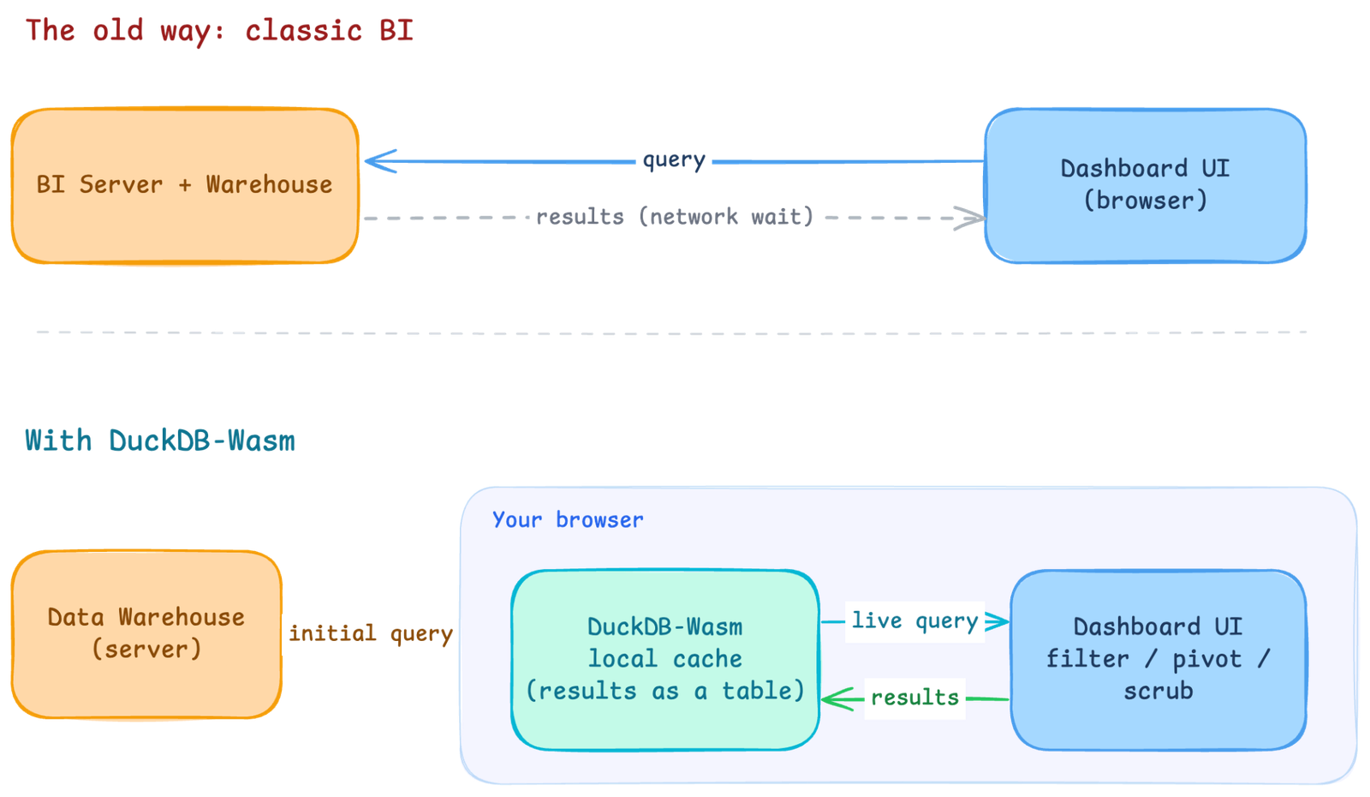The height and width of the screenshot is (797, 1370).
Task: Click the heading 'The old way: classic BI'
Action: coord(219,31)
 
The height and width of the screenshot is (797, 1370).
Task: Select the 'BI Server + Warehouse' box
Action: coord(185,186)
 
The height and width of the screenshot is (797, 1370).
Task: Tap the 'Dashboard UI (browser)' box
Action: coord(1146,186)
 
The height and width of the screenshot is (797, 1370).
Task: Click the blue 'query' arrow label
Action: coord(674,160)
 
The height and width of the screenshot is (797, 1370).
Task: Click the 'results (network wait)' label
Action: coord(675,217)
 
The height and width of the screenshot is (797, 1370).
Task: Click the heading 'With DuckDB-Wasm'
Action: coord(159,440)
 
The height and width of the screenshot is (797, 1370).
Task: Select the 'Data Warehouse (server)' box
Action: coord(146,634)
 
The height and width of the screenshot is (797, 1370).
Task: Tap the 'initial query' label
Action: coord(371,633)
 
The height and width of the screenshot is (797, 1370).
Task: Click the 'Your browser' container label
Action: coord(568,519)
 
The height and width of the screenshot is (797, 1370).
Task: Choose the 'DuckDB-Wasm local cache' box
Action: coord(665,660)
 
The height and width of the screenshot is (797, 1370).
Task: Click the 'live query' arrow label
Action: coord(914,621)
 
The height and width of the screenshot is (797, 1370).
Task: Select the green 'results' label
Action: coord(914,698)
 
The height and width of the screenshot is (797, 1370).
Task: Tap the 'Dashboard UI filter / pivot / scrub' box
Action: coord(1159,660)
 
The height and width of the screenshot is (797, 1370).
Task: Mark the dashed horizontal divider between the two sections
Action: coord(671,333)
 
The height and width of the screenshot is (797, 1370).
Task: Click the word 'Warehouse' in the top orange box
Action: coord(269,184)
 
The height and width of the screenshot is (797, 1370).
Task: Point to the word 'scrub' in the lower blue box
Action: coord(1159,691)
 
